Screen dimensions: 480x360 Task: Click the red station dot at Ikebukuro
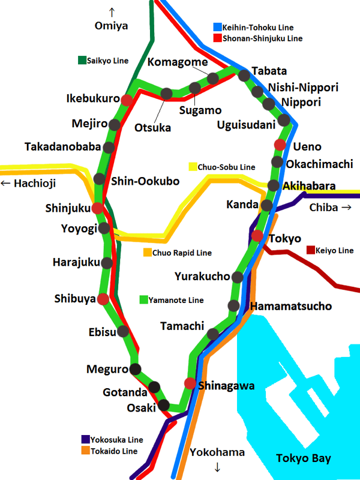[127, 100]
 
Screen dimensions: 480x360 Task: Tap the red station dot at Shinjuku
[98, 208]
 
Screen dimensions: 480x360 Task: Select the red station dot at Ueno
[280, 145]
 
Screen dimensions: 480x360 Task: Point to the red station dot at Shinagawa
[190, 384]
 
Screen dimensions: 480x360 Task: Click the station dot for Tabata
[244, 76]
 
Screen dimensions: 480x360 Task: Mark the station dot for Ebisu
[123, 331]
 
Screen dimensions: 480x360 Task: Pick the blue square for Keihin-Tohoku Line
[218, 27]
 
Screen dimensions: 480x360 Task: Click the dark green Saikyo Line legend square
[82, 60]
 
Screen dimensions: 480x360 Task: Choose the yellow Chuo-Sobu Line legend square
[193, 166]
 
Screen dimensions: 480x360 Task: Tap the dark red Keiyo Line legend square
[310, 250]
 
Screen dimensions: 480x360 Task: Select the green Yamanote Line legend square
[143, 299]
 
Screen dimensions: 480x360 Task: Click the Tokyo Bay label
[303, 459]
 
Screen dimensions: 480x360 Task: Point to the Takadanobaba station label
[62, 147]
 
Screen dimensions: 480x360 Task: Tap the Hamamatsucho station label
[291, 307]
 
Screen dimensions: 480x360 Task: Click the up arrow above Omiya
[112, 11]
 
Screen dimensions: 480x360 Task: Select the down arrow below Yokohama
[217, 467]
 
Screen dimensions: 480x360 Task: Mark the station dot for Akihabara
[273, 185]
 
